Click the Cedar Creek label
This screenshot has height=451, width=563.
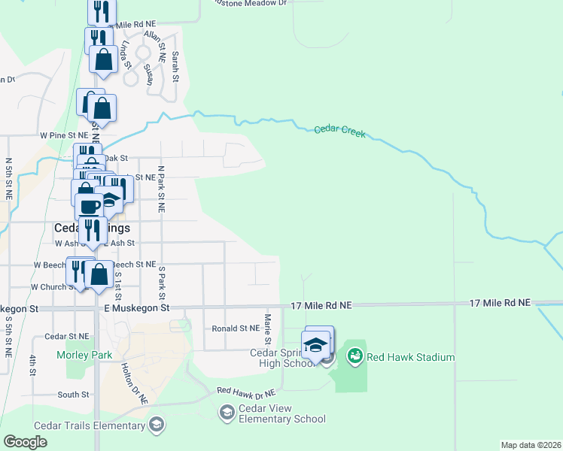tap(339, 131)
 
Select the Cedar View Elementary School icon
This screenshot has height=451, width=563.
tap(227, 412)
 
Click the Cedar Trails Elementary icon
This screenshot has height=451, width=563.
tap(156, 425)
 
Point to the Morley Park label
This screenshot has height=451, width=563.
tap(84, 355)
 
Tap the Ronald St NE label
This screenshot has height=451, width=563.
tap(235, 328)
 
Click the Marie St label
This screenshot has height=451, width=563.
tap(268, 323)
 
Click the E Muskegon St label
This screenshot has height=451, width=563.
tap(137, 308)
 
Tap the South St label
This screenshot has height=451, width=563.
tap(73, 394)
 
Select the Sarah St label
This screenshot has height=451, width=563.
tap(175, 66)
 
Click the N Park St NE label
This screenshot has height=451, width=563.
tap(160, 189)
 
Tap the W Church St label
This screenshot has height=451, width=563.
tap(50, 287)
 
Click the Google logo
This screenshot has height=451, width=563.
tap(26, 442)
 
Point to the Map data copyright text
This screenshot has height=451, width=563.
tap(531, 444)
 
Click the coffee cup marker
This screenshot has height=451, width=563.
tap(88, 204)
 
